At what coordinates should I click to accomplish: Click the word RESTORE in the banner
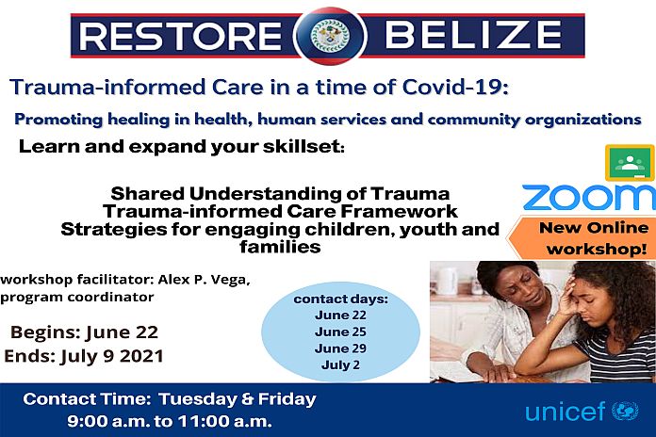(180, 36)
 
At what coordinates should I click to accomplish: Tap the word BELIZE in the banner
(473, 35)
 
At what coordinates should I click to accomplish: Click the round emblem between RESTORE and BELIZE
(331, 36)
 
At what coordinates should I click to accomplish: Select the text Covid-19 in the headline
(455, 87)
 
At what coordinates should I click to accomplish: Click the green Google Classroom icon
(630, 163)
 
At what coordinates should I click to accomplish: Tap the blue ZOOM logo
(589, 197)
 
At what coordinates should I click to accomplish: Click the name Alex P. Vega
(205, 280)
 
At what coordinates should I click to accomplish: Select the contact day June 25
(340, 332)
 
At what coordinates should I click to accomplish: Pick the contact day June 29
(340, 348)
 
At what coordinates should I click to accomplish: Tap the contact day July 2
(340, 364)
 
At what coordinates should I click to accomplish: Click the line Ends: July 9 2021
(84, 356)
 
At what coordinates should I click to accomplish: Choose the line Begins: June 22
(85, 332)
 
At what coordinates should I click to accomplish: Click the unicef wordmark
(565, 412)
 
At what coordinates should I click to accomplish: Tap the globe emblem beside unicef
(626, 411)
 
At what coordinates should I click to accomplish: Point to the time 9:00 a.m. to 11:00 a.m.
(170, 421)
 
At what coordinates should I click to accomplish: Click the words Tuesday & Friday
(238, 399)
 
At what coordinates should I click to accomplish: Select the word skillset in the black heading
(301, 146)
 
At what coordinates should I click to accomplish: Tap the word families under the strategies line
(280, 247)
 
